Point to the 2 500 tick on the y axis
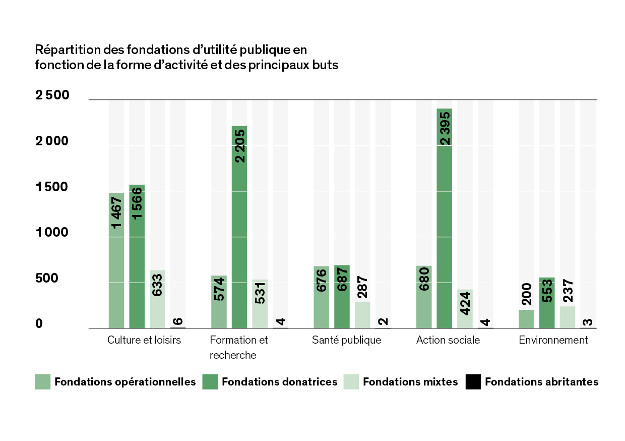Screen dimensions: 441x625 coord(52,95)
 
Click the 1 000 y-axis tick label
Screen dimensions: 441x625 coord(52,233)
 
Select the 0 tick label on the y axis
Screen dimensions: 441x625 coord(39,324)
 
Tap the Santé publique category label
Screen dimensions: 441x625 coord(346,340)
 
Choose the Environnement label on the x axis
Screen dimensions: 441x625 coord(553,340)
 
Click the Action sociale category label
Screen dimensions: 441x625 coord(448,340)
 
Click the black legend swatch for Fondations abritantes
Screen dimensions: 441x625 coord(474,381)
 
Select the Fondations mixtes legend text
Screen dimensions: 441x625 coord(410,382)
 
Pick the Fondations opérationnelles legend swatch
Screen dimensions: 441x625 coord(43,381)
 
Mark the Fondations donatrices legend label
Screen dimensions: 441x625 coord(279,382)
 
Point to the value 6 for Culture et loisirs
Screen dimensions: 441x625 coord(178,321)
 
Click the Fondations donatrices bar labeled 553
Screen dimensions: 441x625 coord(547,303)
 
